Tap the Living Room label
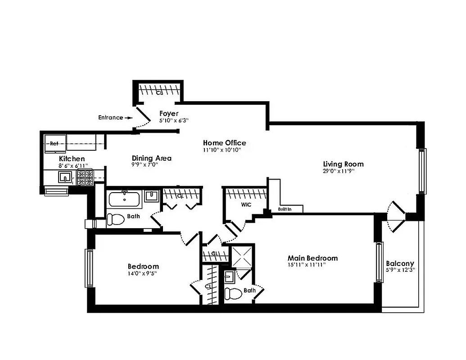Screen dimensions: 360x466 pyautogui.click(x=343, y=164)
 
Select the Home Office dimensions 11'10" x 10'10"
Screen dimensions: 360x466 pyautogui.click(x=222, y=149)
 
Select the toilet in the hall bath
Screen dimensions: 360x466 pyautogui.click(x=115, y=220)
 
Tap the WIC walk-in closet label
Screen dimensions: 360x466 pyautogui.click(x=246, y=205)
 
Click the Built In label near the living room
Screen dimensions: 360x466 pyautogui.click(x=285, y=209)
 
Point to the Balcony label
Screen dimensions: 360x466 pyautogui.click(x=400, y=264)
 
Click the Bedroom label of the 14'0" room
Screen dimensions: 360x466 pyautogui.click(x=143, y=266)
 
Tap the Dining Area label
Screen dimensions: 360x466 pyautogui.click(x=151, y=158)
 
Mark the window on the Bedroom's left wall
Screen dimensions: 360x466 pyautogui.click(x=89, y=268)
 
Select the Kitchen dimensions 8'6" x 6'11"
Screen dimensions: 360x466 pyautogui.click(x=72, y=166)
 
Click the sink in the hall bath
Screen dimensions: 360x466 pyautogui.click(x=151, y=197)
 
